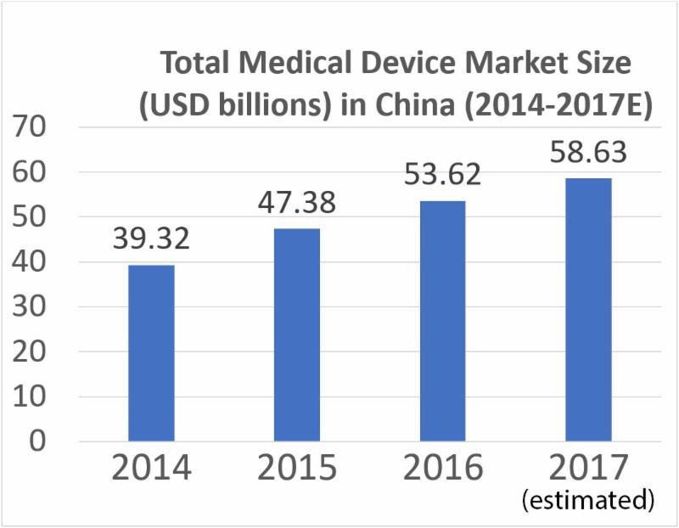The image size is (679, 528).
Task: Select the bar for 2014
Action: click(151, 353)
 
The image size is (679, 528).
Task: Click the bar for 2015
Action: click(296, 335)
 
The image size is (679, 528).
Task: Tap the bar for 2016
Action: click(441, 321)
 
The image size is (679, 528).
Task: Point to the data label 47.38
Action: click(296, 204)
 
